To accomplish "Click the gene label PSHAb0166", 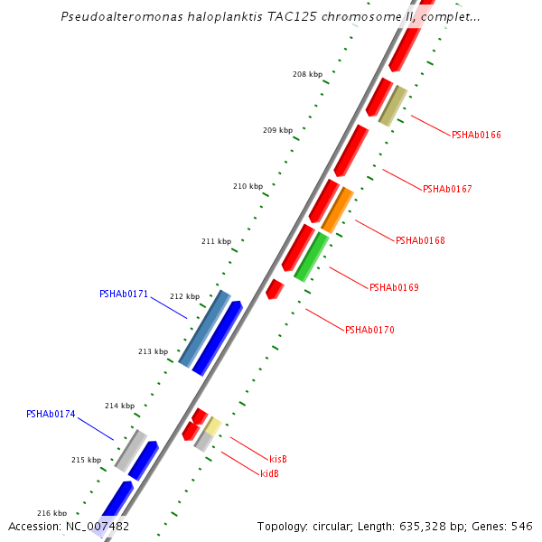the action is [x=476, y=135].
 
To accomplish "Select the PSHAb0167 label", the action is [x=447, y=189].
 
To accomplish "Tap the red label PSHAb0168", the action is [x=420, y=240].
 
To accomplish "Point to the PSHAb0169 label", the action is [x=394, y=287].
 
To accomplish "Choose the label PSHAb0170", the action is [x=369, y=330].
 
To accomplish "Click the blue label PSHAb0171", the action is [x=124, y=294].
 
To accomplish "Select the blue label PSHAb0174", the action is [x=51, y=415].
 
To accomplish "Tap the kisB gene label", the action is [x=278, y=459].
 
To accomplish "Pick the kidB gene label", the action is [x=269, y=473].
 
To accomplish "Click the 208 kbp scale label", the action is [x=307, y=75].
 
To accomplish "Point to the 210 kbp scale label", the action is [x=248, y=187].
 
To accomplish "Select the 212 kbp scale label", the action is [x=184, y=296].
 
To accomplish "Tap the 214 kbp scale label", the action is [x=119, y=406].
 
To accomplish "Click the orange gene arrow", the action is [x=337, y=210].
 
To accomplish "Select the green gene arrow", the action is [x=311, y=257].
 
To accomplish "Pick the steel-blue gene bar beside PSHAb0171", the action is [x=205, y=328].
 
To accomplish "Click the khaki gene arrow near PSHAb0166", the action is [x=393, y=106].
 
